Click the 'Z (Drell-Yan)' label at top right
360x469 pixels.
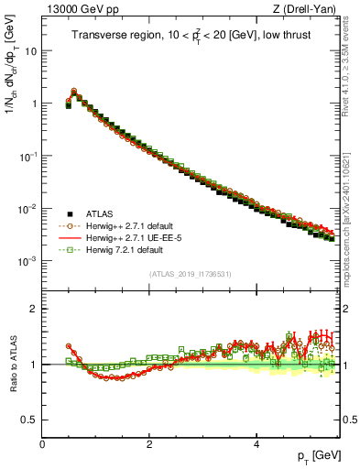click(309, 8)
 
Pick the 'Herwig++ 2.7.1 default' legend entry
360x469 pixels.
click(121, 224)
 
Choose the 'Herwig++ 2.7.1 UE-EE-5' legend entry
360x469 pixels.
click(124, 236)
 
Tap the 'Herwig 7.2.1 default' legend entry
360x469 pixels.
click(116, 248)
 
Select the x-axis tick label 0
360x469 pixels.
click(42, 443)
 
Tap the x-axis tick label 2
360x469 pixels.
click(149, 443)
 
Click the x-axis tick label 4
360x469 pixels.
click(256, 443)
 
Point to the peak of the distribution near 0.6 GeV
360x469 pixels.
click(74, 92)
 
